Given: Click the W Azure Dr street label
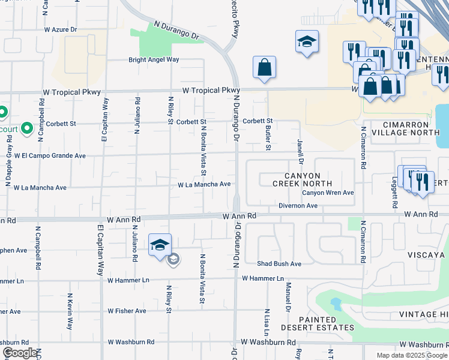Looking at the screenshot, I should [61, 29].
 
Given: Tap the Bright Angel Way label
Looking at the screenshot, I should [154, 60].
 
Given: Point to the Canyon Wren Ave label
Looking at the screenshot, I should [327, 193].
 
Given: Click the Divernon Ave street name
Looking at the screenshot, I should [298, 206].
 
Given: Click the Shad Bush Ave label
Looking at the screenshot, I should [279, 264].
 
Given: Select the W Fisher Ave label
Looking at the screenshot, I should [127, 311].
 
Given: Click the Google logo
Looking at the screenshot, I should [20, 353].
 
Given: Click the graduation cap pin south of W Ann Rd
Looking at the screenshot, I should [160, 245].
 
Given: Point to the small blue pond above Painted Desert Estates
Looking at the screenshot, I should [336, 304].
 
